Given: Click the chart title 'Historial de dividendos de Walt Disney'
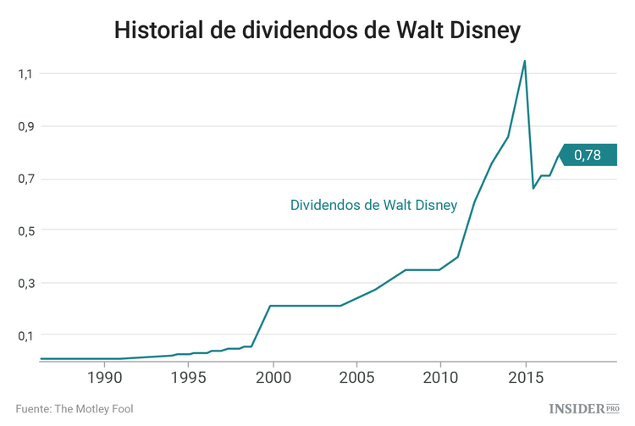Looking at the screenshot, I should [x=317, y=30].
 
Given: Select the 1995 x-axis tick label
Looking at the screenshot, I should [x=188, y=376].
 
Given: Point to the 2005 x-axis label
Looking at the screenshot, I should [x=356, y=376].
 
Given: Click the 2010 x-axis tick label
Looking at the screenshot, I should [x=440, y=376].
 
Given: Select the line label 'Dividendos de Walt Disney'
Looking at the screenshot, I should [x=373, y=205].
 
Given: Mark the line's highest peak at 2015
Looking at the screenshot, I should [x=525, y=61].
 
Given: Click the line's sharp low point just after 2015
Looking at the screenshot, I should [x=533, y=188].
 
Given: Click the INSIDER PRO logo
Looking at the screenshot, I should [x=584, y=408].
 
